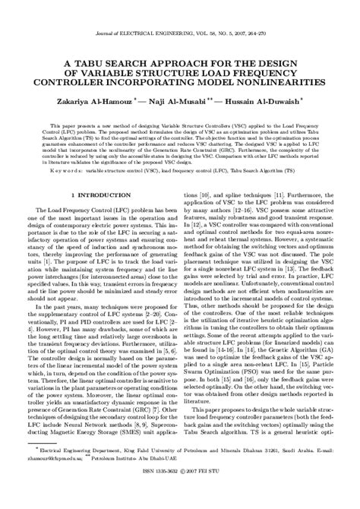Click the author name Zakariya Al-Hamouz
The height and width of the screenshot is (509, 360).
[x=91, y=99]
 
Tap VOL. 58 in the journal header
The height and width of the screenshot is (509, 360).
[x=201, y=35]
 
